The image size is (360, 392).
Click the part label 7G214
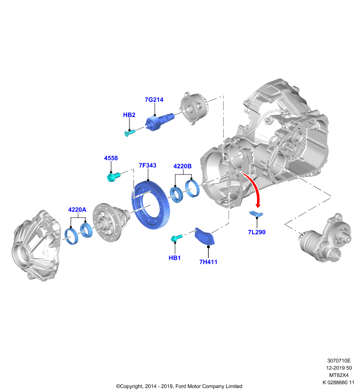coord(154,99)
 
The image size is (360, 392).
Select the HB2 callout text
coord(129,115)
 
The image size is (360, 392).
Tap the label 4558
coord(111,158)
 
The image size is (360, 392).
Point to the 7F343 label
coord(148,165)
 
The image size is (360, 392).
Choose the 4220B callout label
coord(182,166)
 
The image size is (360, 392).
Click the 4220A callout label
coord(77,210)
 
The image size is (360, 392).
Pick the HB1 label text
coord(175,258)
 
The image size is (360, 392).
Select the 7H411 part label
coord(208,262)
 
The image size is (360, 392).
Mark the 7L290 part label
coord(257,232)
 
